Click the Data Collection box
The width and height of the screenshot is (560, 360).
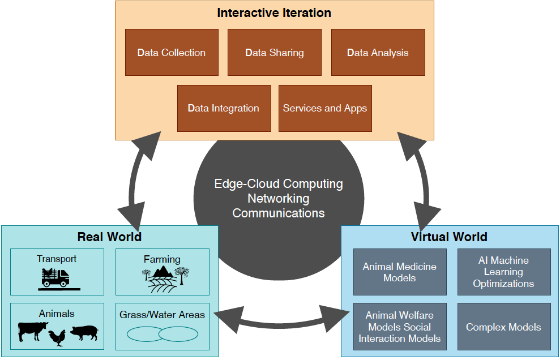pos(172,53)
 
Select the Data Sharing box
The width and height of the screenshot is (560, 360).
pos(275,53)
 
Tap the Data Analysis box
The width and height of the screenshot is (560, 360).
pos(378,53)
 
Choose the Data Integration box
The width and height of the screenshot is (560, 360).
pos(224,108)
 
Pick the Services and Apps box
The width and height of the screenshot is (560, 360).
pos(325,108)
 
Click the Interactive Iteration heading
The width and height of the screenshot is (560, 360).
pos(274,12)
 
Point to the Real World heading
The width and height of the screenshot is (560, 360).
pos(109,237)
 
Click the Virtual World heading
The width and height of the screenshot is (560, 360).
pos(449,237)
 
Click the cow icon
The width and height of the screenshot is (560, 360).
pos(32,331)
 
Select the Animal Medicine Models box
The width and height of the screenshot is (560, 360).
pos(400,272)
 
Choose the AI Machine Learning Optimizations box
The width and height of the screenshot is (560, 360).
pos(503,272)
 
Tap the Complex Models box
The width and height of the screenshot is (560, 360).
pos(503,327)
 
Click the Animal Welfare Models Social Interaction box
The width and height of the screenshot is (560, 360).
pos(400,327)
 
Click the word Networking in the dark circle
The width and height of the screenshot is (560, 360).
pos(279,199)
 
